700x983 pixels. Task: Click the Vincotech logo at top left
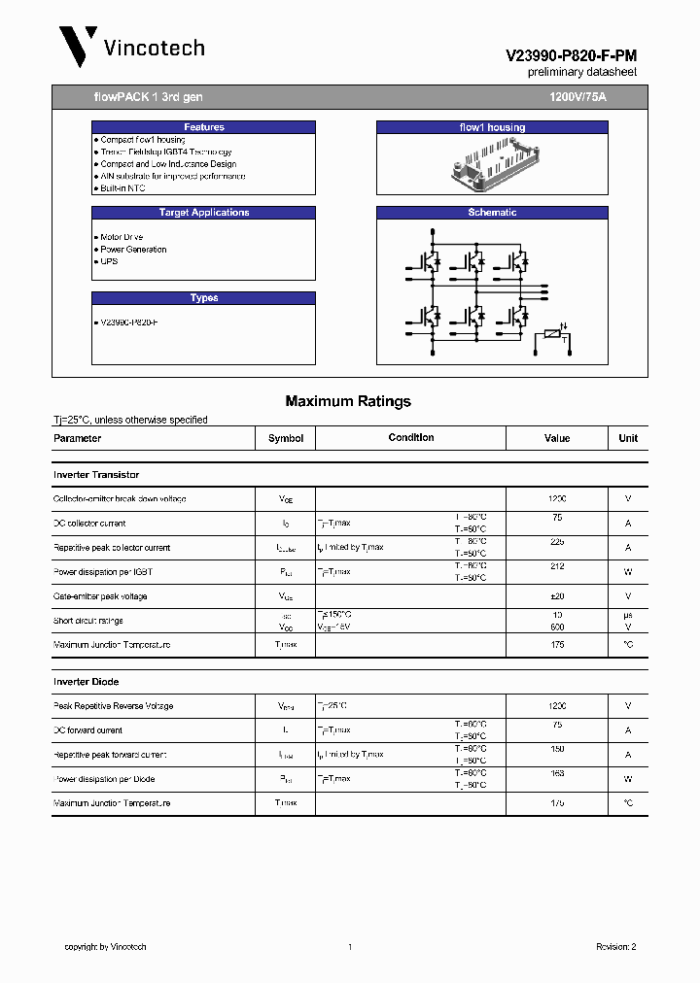coord(130,47)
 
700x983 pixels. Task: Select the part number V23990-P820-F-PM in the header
coord(571,57)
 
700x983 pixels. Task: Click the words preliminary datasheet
coord(581,73)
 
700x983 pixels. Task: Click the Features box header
coord(203,127)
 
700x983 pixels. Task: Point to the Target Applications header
coord(203,213)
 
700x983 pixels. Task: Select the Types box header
coord(203,298)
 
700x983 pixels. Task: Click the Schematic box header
coord(492,213)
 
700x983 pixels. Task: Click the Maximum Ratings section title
coord(348,401)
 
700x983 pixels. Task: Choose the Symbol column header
coord(286,438)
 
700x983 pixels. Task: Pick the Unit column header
coord(628,438)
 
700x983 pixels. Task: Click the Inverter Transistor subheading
coord(96,475)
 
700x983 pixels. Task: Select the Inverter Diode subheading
coord(87,682)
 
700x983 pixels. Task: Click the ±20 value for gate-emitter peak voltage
coord(556,596)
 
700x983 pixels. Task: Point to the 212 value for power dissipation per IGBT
coord(556,566)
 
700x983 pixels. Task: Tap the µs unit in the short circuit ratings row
coord(628,615)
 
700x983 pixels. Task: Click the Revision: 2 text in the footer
coord(615,946)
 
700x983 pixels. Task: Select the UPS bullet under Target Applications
coord(109,261)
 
